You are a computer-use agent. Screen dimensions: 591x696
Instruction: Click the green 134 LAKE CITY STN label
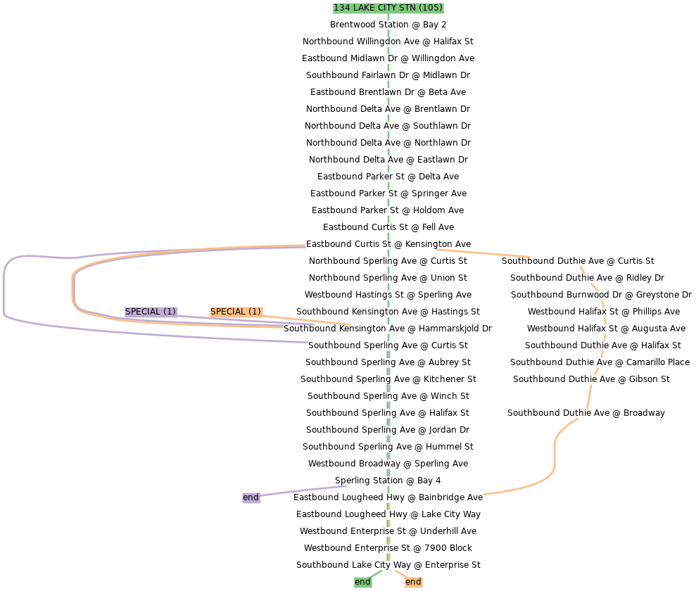point(388,8)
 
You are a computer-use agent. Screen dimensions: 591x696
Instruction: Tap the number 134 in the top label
point(342,8)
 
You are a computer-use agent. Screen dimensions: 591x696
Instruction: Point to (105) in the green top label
point(429,8)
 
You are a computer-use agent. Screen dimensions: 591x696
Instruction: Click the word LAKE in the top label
point(365,8)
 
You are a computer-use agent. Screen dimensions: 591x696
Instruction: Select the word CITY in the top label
point(388,8)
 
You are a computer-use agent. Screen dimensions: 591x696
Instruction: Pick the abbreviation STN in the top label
point(408,8)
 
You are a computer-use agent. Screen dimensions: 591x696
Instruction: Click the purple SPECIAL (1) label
point(151,312)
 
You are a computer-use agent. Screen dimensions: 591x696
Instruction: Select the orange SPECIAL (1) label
point(236,312)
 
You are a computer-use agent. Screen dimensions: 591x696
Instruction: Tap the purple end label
point(251,497)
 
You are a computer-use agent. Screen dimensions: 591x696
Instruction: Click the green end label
point(362,582)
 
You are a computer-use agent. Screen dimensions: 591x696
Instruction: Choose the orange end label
point(413,582)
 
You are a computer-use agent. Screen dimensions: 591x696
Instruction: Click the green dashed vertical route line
point(388,141)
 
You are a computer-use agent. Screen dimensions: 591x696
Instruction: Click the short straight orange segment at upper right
point(483,253)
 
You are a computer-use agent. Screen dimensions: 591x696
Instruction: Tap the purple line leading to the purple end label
point(303,491)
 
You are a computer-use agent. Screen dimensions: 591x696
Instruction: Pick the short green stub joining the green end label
point(376,574)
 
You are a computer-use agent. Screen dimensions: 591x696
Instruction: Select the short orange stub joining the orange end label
point(400,574)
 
